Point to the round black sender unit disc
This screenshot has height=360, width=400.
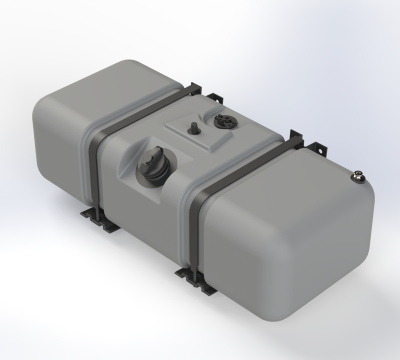click(x=221, y=120)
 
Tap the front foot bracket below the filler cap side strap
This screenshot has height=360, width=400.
click(x=99, y=219)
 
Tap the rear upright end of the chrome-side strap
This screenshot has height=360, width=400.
click(x=295, y=138)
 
